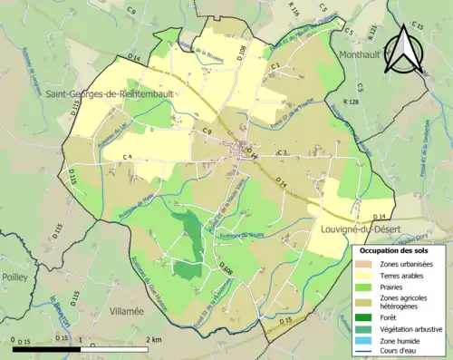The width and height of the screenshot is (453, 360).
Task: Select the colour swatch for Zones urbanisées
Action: tap(370, 264)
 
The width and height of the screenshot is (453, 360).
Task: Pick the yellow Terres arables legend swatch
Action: tap(370, 276)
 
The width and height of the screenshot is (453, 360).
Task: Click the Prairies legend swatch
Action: tap(370, 288)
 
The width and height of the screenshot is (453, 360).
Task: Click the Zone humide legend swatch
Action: tap(370, 341)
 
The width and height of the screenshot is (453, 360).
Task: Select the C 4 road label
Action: tap(127, 158)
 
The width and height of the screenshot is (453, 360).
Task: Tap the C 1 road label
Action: tap(272, 66)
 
